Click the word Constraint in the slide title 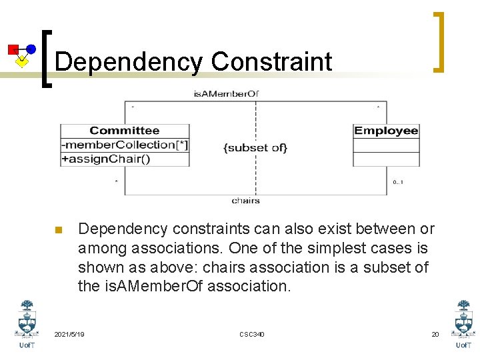pos(271,62)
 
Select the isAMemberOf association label pos(226,94)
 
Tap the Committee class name pos(125,131)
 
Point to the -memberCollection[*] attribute pos(125,145)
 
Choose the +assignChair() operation pos(106,159)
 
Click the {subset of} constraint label pos(255,147)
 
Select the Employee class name pos(386,131)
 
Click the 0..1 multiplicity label pos(397,182)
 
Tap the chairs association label pos(245,201)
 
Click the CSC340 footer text pos(251,334)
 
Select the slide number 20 pos(435,334)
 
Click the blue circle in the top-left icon pos(31,49)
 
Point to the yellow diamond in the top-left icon pos(22,61)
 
